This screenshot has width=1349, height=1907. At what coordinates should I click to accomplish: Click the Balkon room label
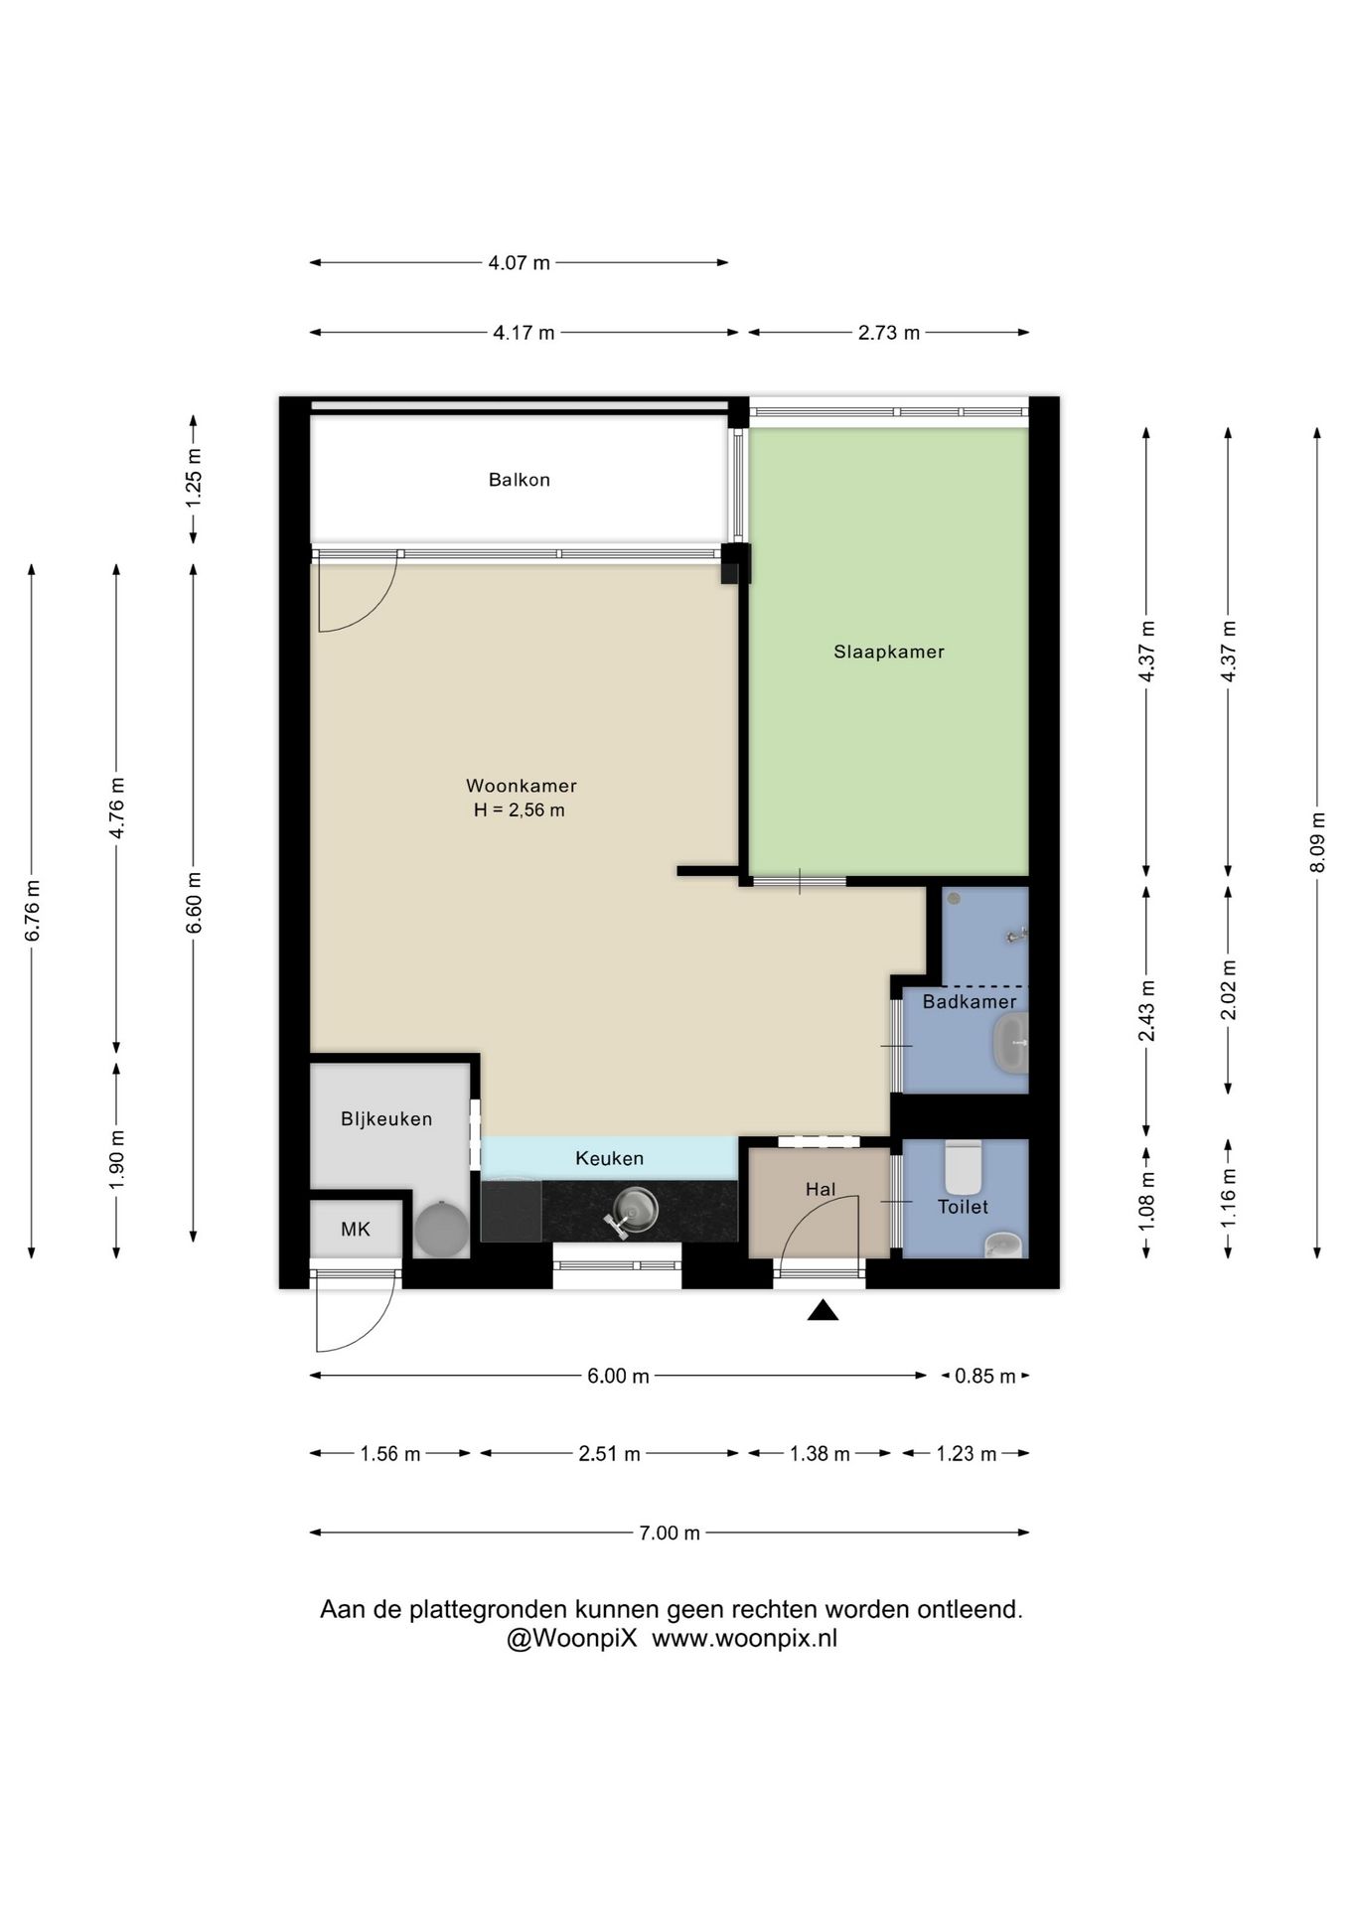(x=519, y=480)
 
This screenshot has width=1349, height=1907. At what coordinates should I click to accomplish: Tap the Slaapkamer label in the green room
(x=889, y=653)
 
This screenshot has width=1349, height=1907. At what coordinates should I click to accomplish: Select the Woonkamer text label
(x=522, y=786)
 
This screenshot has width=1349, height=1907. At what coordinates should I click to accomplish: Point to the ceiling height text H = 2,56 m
(x=520, y=810)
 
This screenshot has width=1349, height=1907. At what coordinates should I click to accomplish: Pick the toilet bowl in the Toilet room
(x=963, y=1167)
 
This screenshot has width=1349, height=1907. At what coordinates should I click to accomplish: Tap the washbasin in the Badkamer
(x=1010, y=1044)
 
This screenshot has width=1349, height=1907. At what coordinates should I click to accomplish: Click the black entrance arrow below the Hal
(x=823, y=1311)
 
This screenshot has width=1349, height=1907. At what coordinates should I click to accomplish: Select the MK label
(x=356, y=1230)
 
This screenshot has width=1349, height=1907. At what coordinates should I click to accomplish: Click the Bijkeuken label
(x=386, y=1119)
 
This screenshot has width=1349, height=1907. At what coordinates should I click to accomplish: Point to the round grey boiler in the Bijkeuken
(x=441, y=1229)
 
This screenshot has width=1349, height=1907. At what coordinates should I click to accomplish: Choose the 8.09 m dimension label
(x=1318, y=842)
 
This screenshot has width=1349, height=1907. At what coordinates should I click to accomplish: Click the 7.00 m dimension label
(x=670, y=1533)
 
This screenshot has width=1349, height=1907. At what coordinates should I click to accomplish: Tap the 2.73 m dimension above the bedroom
(x=889, y=333)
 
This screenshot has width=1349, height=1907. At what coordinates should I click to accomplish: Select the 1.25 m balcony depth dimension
(x=194, y=479)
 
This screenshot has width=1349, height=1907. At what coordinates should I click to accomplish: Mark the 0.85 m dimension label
(x=985, y=1377)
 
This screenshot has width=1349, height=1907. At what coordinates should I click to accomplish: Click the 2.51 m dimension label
(x=610, y=1454)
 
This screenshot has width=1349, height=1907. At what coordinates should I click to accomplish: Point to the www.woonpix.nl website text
(x=745, y=1638)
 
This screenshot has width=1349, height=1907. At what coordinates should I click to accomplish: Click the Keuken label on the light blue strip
(x=610, y=1158)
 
